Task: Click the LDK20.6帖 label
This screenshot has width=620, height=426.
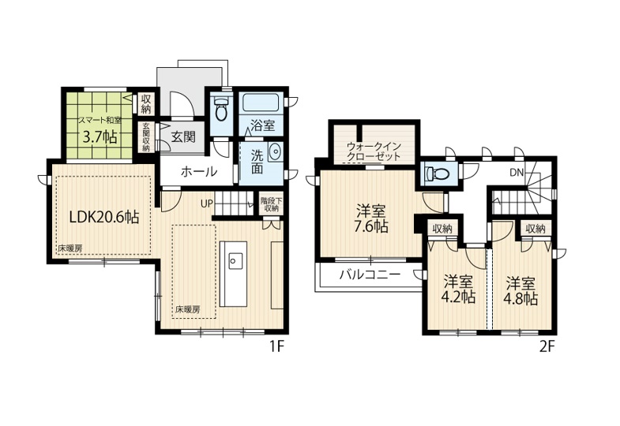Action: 104,217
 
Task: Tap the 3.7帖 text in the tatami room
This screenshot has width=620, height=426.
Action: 100,136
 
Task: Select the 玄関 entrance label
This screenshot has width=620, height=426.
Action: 183,136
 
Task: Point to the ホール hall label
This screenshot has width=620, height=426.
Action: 199,171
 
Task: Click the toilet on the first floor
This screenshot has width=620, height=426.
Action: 220,109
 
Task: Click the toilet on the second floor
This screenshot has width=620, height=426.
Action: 438,174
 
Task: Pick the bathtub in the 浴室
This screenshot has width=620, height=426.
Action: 261,103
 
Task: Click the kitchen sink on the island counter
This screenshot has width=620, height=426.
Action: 233,260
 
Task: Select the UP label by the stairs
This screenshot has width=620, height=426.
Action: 207,204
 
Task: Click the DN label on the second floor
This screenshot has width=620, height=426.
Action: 517,173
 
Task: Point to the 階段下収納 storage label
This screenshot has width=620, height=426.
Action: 271,204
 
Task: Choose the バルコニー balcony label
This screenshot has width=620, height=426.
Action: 370,275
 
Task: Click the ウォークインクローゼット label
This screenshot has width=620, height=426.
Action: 374,151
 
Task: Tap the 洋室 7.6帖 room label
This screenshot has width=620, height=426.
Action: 372,219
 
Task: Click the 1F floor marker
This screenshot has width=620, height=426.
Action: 277,346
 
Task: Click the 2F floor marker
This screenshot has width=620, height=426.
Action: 547,346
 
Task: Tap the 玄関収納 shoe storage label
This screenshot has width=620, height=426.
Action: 146,137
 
